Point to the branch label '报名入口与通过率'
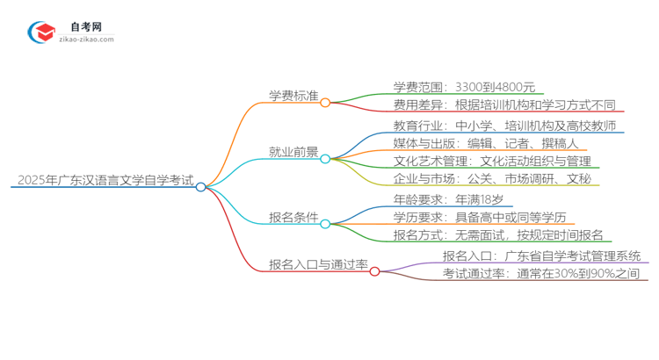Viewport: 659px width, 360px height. point(317,263)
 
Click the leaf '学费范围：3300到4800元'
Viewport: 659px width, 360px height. point(464,87)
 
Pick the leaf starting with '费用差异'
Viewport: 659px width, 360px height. point(503,104)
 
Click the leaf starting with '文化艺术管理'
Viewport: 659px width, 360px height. point(493,161)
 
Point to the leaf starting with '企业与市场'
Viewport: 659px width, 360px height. point(487,179)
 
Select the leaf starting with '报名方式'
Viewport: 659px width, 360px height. point(498,234)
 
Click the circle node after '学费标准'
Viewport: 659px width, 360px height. point(325,103)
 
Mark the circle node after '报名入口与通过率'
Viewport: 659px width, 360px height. point(374,271)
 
